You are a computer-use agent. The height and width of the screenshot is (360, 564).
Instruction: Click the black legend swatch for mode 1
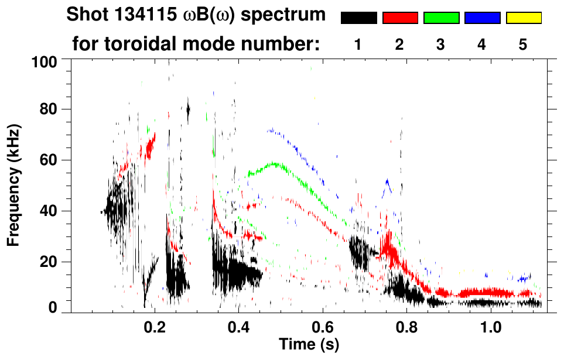pyautogui.click(x=358, y=18)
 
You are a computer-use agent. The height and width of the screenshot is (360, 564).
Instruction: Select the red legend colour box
pyautogui.click(x=400, y=18)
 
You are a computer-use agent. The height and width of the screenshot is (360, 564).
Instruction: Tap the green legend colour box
pyautogui.click(x=441, y=18)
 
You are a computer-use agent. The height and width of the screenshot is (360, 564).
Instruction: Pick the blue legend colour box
pyautogui.click(x=482, y=18)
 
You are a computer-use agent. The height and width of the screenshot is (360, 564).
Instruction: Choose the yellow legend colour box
pyautogui.click(x=524, y=18)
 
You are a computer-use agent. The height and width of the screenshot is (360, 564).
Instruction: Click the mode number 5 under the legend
pyautogui.click(x=524, y=45)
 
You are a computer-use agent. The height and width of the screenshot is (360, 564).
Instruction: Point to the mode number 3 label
pyautogui.click(x=441, y=45)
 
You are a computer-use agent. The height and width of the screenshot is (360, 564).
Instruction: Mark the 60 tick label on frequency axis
pyautogui.click(x=49, y=160)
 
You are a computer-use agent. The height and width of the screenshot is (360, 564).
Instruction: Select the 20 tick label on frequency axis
pyautogui.click(x=49, y=262)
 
